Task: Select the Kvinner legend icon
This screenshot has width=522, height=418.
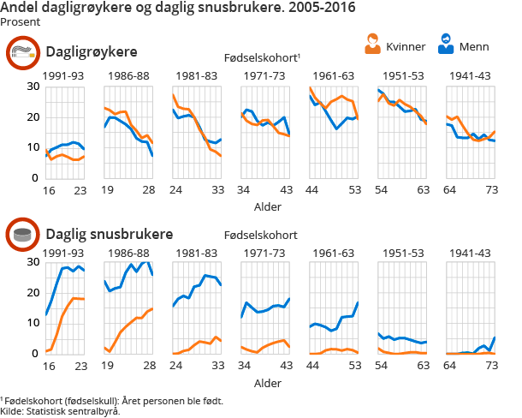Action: [x=372, y=44]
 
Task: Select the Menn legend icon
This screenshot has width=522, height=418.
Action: [x=446, y=44]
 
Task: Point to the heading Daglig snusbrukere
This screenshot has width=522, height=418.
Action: [x=109, y=234]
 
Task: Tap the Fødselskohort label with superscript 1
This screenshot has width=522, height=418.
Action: [x=268, y=57]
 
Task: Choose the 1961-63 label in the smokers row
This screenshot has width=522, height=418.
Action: [x=334, y=77]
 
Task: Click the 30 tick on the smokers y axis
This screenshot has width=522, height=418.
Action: [x=33, y=87]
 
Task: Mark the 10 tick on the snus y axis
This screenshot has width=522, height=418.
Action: [x=33, y=323]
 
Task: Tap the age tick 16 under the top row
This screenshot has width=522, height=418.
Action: [x=50, y=189]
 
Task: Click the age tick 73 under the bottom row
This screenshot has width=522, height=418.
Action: [x=491, y=365]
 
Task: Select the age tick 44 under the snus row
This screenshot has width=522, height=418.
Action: [x=312, y=365]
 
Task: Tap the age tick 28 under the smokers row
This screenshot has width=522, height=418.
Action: [x=147, y=189]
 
